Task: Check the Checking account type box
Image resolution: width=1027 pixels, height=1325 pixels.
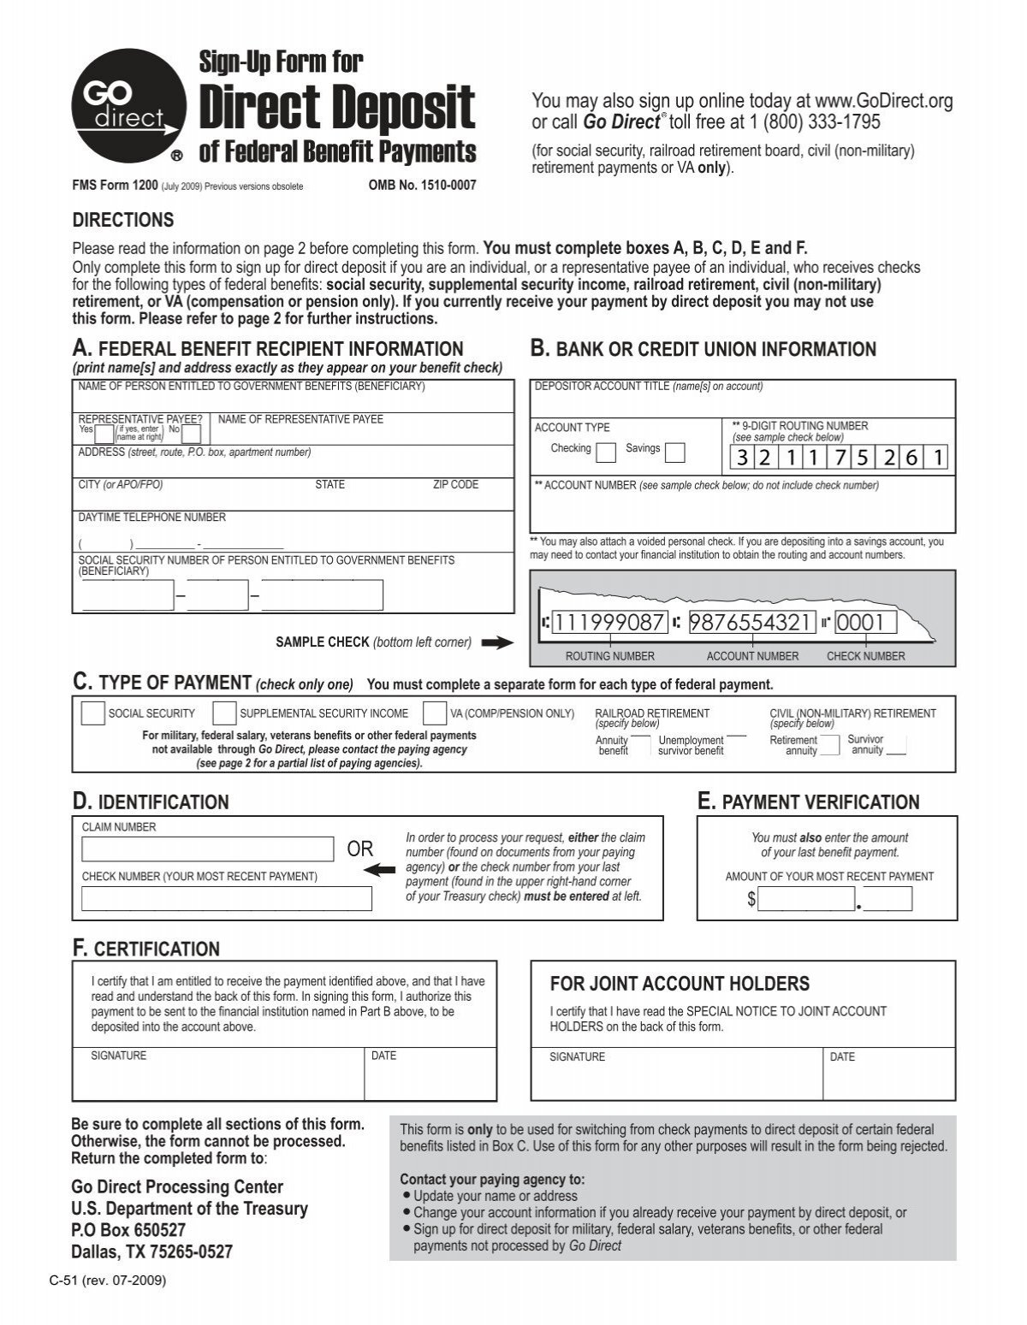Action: (x=605, y=452)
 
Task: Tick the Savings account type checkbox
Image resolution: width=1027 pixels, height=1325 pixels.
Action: (x=674, y=452)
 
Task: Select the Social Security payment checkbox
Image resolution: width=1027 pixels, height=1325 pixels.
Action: (x=92, y=713)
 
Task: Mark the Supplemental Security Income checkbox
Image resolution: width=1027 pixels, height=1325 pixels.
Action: (x=224, y=713)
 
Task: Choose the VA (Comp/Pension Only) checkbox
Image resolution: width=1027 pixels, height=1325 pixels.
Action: (x=435, y=713)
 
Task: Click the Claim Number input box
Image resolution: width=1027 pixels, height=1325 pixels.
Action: (x=207, y=849)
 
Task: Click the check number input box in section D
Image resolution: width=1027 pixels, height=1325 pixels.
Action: (x=227, y=898)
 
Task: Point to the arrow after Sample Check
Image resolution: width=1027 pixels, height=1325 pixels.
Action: (x=496, y=643)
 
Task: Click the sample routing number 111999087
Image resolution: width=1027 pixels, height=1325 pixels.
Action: (x=608, y=622)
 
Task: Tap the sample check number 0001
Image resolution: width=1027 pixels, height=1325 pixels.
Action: (x=865, y=622)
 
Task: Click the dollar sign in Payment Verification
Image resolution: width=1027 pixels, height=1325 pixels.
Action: (x=751, y=899)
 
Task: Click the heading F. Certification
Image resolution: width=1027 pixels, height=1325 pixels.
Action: (x=145, y=949)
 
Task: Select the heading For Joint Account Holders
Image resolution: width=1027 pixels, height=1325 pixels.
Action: (x=680, y=984)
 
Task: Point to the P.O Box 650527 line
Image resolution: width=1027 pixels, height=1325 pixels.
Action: (x=128, y=1230)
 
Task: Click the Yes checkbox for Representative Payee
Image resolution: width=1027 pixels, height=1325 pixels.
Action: (x=107, y=434)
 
